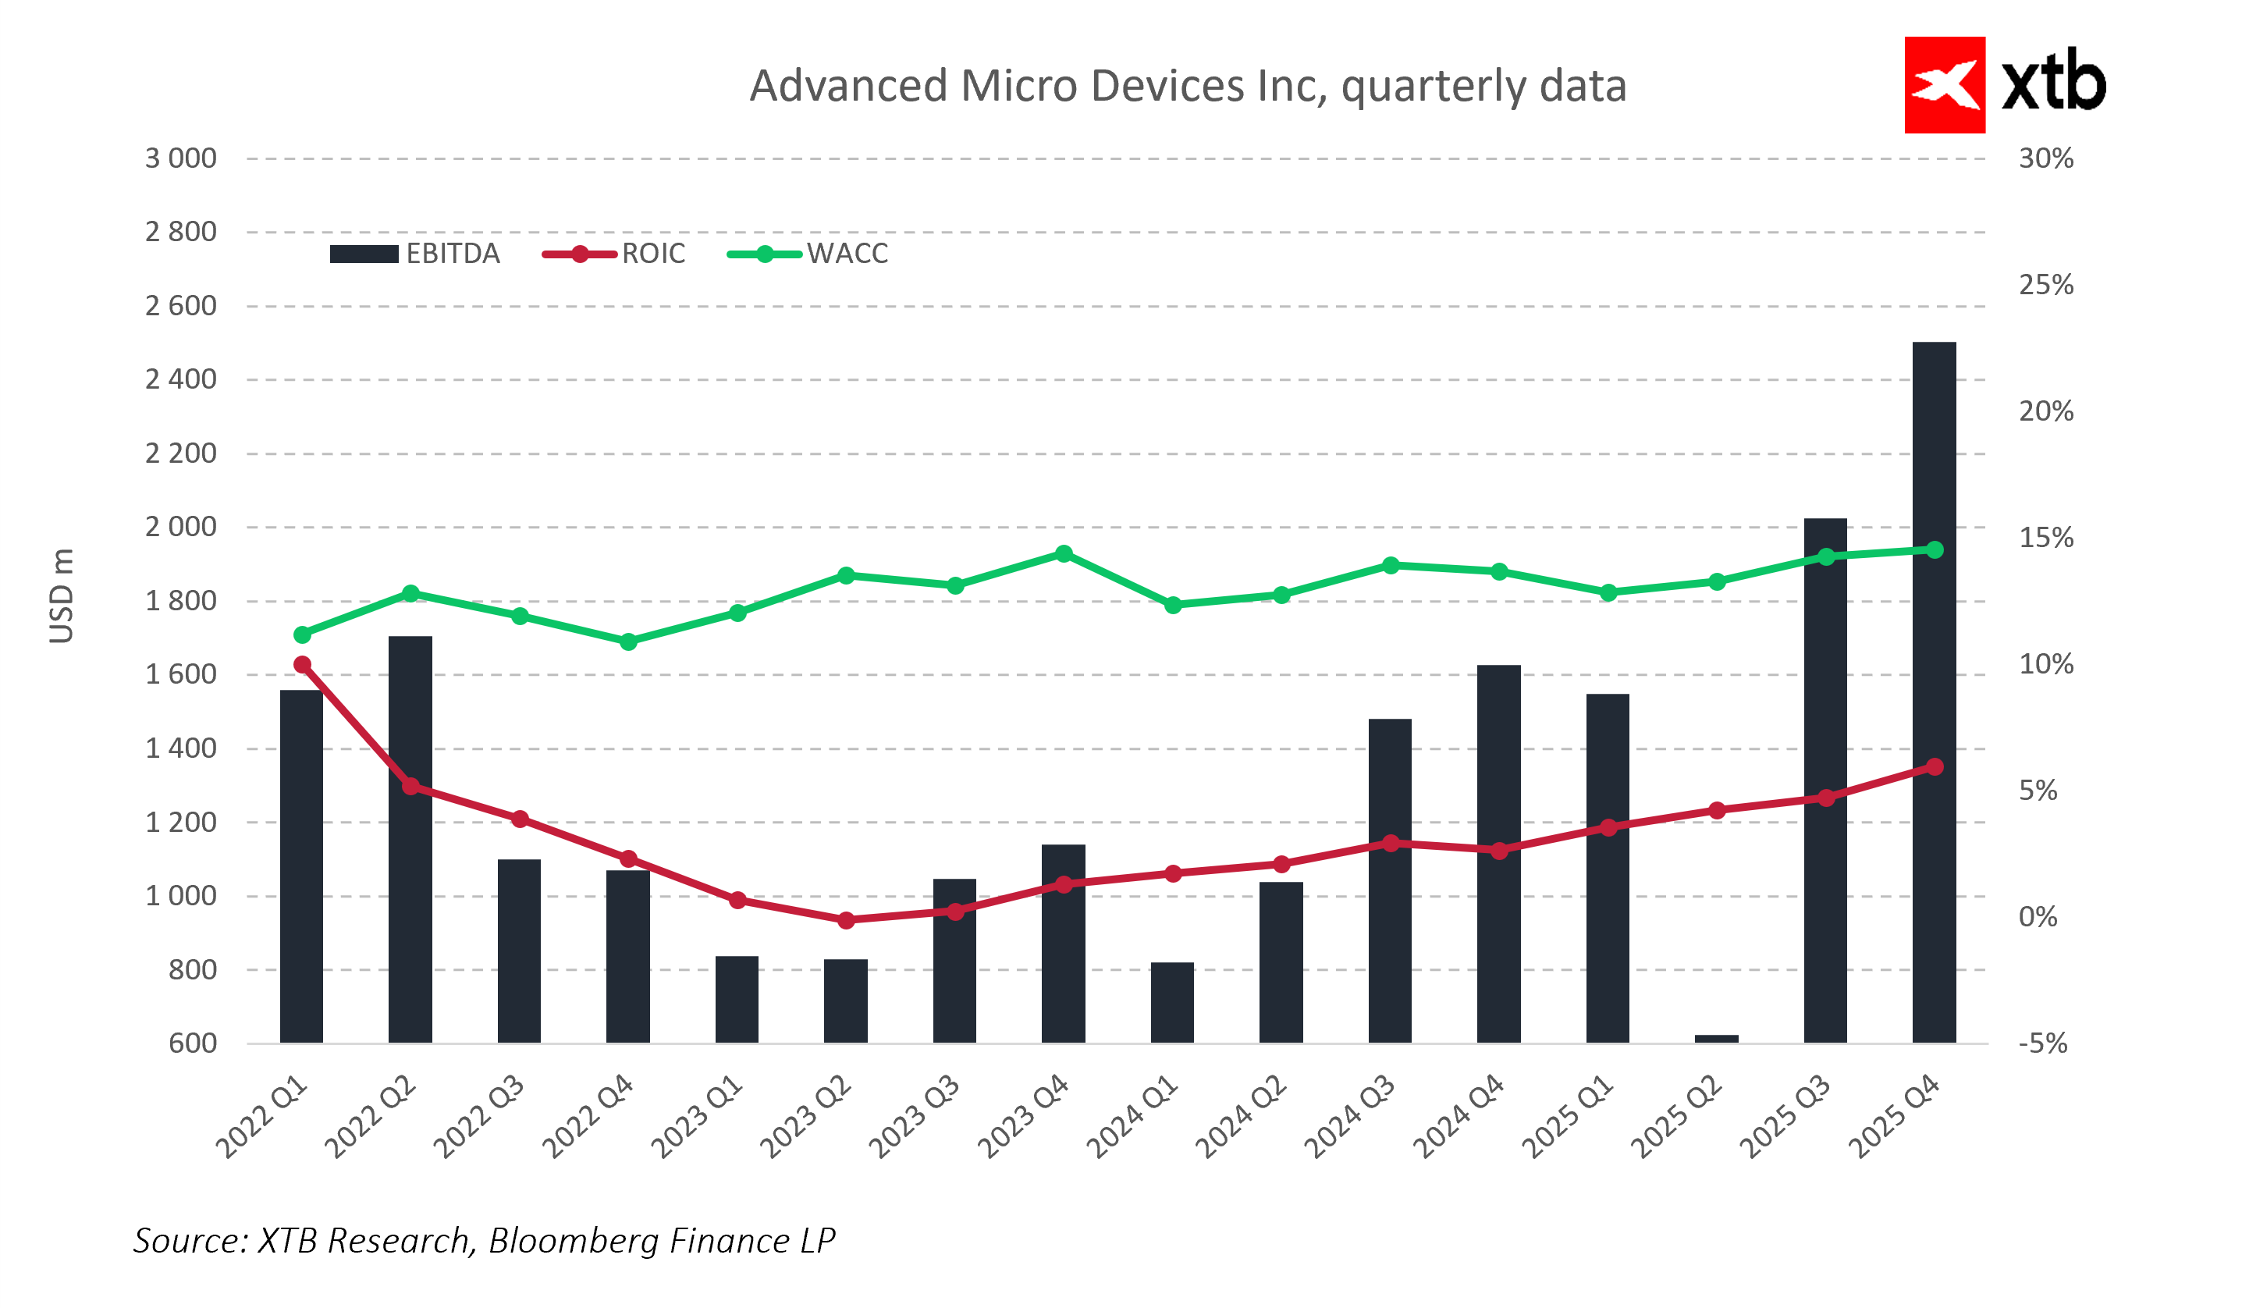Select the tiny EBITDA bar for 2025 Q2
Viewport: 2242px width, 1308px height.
[1716, 1039]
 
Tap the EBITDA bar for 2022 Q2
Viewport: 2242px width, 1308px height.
[410, 841]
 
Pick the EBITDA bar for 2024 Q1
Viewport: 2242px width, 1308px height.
[1171, 1003]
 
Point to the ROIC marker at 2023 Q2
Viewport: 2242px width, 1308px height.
[846, 920]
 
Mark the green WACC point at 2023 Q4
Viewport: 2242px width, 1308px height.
[1063, 553]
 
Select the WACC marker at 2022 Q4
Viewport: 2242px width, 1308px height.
[628, 642]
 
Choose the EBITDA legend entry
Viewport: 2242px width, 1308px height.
[414, 254]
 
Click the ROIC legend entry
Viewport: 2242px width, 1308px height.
[614, 254]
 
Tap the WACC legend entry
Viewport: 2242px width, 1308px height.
[808, 254]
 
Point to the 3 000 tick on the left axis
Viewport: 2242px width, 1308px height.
[180, 158]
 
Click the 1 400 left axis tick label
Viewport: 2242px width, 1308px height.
[180, 748]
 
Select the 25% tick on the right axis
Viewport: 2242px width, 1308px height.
[2045, 285]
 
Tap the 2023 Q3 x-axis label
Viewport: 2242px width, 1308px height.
[915, 1118]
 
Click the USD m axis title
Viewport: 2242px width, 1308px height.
[62, 595]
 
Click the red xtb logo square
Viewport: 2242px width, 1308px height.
[1944, 85]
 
